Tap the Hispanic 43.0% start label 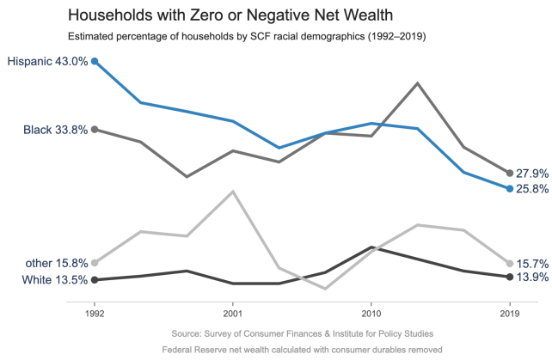coord(47,61)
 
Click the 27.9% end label coord(532,174)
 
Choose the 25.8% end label coord(532,189)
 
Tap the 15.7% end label coord(532,264)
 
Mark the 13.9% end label coord(532,278)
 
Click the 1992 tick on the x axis coord(95,314)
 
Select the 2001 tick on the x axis coord(233,314)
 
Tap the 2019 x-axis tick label coord(510,314)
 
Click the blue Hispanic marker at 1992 coord(95,61)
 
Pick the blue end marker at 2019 coord(510,188)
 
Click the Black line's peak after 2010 coord(417,83)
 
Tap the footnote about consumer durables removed coord(301,350)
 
